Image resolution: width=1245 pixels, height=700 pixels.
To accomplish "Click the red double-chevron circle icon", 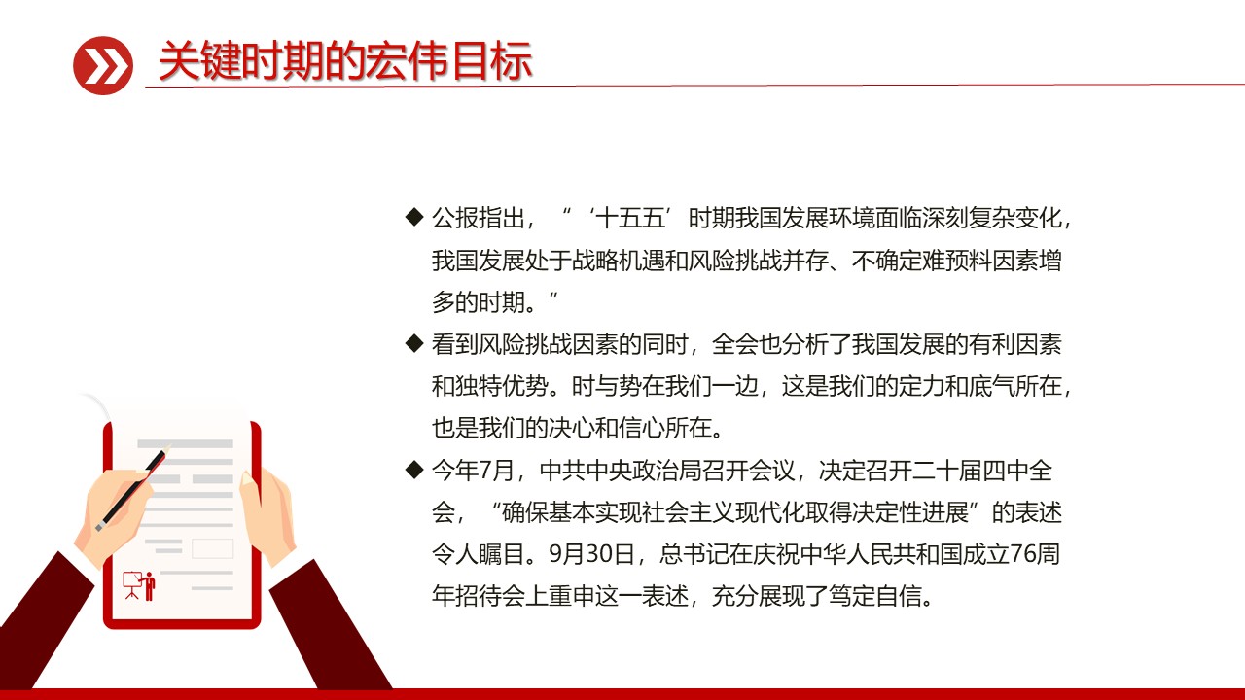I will point(103,65).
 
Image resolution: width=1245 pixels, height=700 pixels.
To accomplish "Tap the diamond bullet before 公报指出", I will point(413,217).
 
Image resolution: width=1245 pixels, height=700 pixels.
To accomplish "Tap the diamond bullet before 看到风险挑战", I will point(413,343).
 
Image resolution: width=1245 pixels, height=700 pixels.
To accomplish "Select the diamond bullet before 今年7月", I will point(413,471).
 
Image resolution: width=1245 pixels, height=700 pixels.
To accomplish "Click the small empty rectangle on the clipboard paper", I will point(212,548).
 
